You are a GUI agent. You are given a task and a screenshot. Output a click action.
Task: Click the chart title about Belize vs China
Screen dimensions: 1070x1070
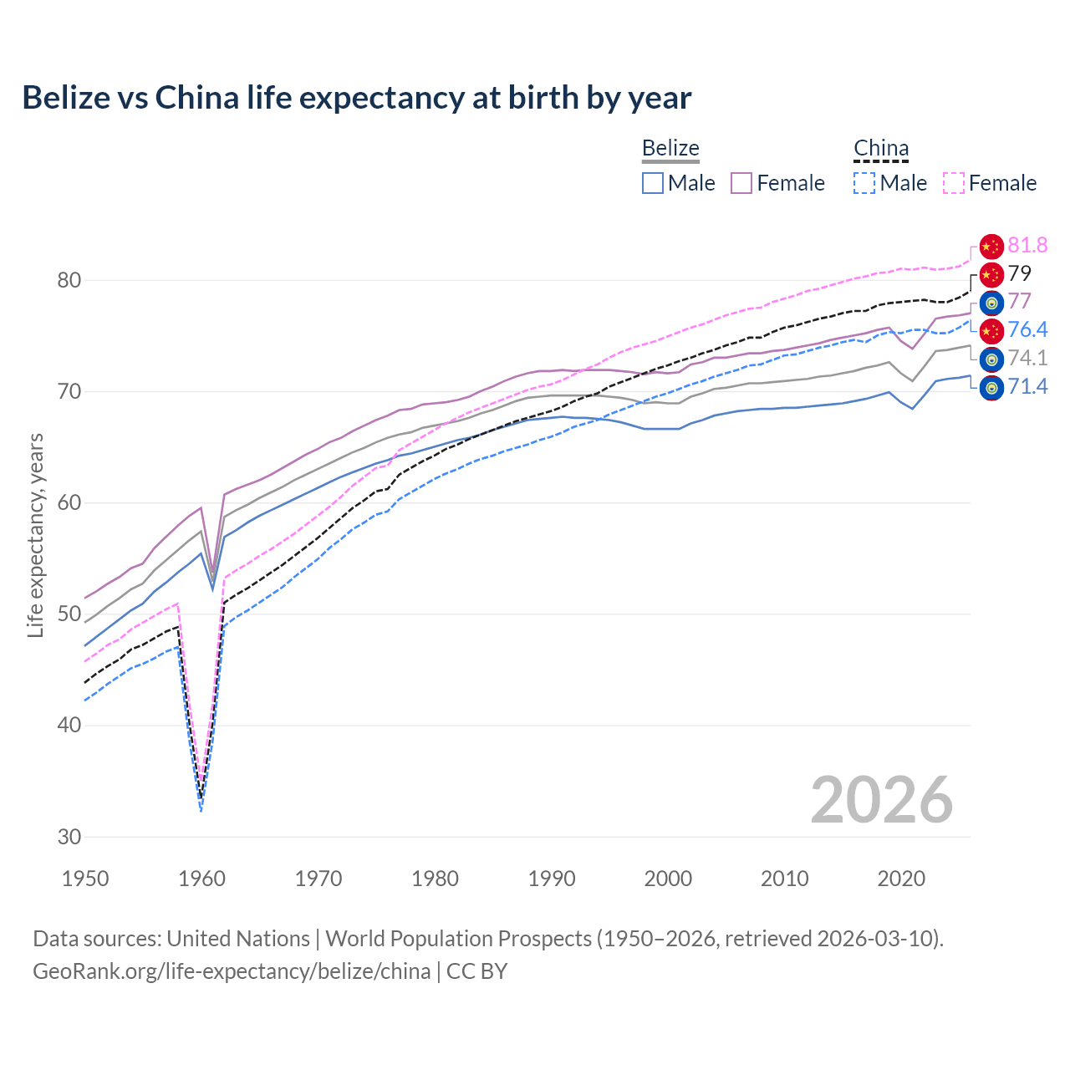click(x=357, y=98)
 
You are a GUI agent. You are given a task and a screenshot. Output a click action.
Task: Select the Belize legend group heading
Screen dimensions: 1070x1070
click(x=670, y=149)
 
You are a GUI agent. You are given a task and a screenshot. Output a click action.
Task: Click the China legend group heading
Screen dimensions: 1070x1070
click(x=881, y=149)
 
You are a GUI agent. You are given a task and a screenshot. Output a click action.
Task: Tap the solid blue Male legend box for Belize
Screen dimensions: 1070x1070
click(x=653, y=183)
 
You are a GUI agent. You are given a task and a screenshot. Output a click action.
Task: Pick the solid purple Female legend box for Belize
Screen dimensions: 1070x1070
click(x=741, y=183)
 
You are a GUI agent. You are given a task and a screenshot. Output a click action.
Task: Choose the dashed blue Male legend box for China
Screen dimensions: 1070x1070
click(x=864, y=183)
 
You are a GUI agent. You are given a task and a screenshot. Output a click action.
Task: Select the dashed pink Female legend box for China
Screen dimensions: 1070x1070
click(x=954, y=183)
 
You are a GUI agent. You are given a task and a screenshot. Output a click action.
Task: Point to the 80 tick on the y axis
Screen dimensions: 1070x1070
click(x=69, y=280)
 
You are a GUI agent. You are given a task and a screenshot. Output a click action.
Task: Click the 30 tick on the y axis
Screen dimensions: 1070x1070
click(x=69, y=837)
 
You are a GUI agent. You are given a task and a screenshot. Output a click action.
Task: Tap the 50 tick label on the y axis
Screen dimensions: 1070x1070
click(x=69, y=614)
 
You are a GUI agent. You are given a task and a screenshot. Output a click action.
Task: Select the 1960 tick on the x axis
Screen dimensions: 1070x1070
click(x=202, y=879)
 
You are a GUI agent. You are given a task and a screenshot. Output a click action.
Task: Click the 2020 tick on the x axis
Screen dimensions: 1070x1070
click(x=901, y=879)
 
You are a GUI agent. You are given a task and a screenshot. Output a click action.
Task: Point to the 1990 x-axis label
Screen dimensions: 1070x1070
click(x=552, y=879)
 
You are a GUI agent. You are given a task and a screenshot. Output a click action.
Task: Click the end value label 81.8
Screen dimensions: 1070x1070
click(x=1027, y=245)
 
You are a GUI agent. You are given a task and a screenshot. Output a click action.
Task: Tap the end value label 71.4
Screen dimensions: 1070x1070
click(x=1027, y=386)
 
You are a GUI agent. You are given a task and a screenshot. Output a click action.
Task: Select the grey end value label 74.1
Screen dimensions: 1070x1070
click(x=1027, y=358)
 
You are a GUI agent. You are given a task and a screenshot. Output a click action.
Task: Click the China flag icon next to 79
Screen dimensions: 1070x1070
click(x=991, y=274)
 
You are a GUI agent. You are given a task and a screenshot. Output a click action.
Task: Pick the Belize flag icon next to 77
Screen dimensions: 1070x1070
click(x=991, y=303)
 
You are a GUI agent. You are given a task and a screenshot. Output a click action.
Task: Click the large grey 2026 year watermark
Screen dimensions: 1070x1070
click(x=881, y=800)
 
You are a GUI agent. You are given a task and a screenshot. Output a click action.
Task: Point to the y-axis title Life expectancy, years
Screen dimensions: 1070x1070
click(x=36, y=535)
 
